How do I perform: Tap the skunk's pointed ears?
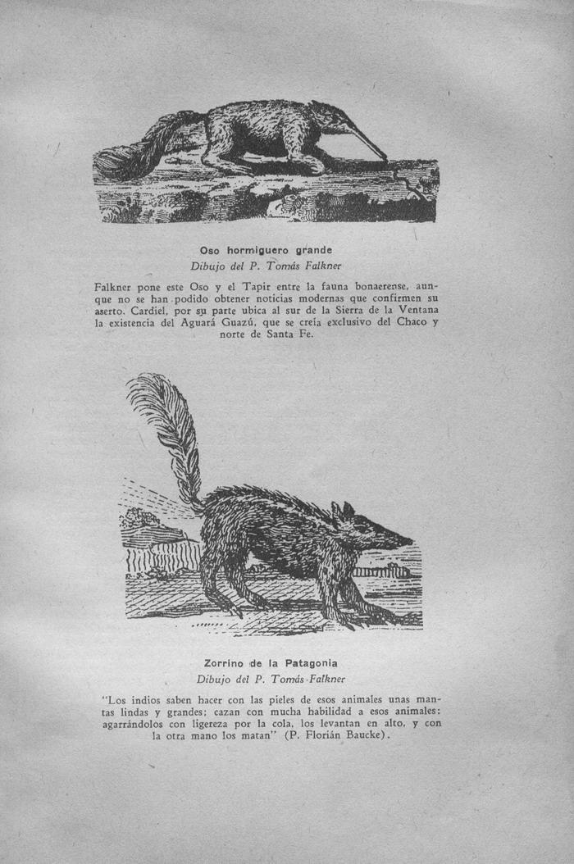(343, 512)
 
